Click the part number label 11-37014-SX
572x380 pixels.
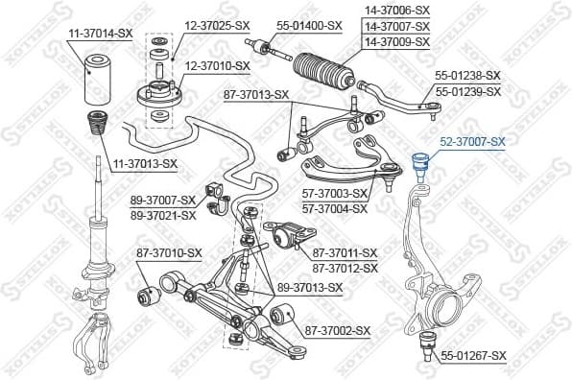click(x=99, y=34)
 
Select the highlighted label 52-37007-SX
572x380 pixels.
click(x=471, y=142)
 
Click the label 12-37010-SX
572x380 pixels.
click(x=217, y=65)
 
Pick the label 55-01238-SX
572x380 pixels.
click(x=468, y=75)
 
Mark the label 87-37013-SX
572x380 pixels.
click(x=255, y=94)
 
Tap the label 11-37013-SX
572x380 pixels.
click(x=141, y=163)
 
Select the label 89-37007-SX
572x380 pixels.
click(x=163, y=201)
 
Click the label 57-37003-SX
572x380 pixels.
click(x=335, y=194)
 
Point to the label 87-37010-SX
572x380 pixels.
click(x=168, y=252)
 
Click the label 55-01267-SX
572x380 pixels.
click(x=473, y=355)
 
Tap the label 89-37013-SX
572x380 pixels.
click(x=309, y=287)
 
